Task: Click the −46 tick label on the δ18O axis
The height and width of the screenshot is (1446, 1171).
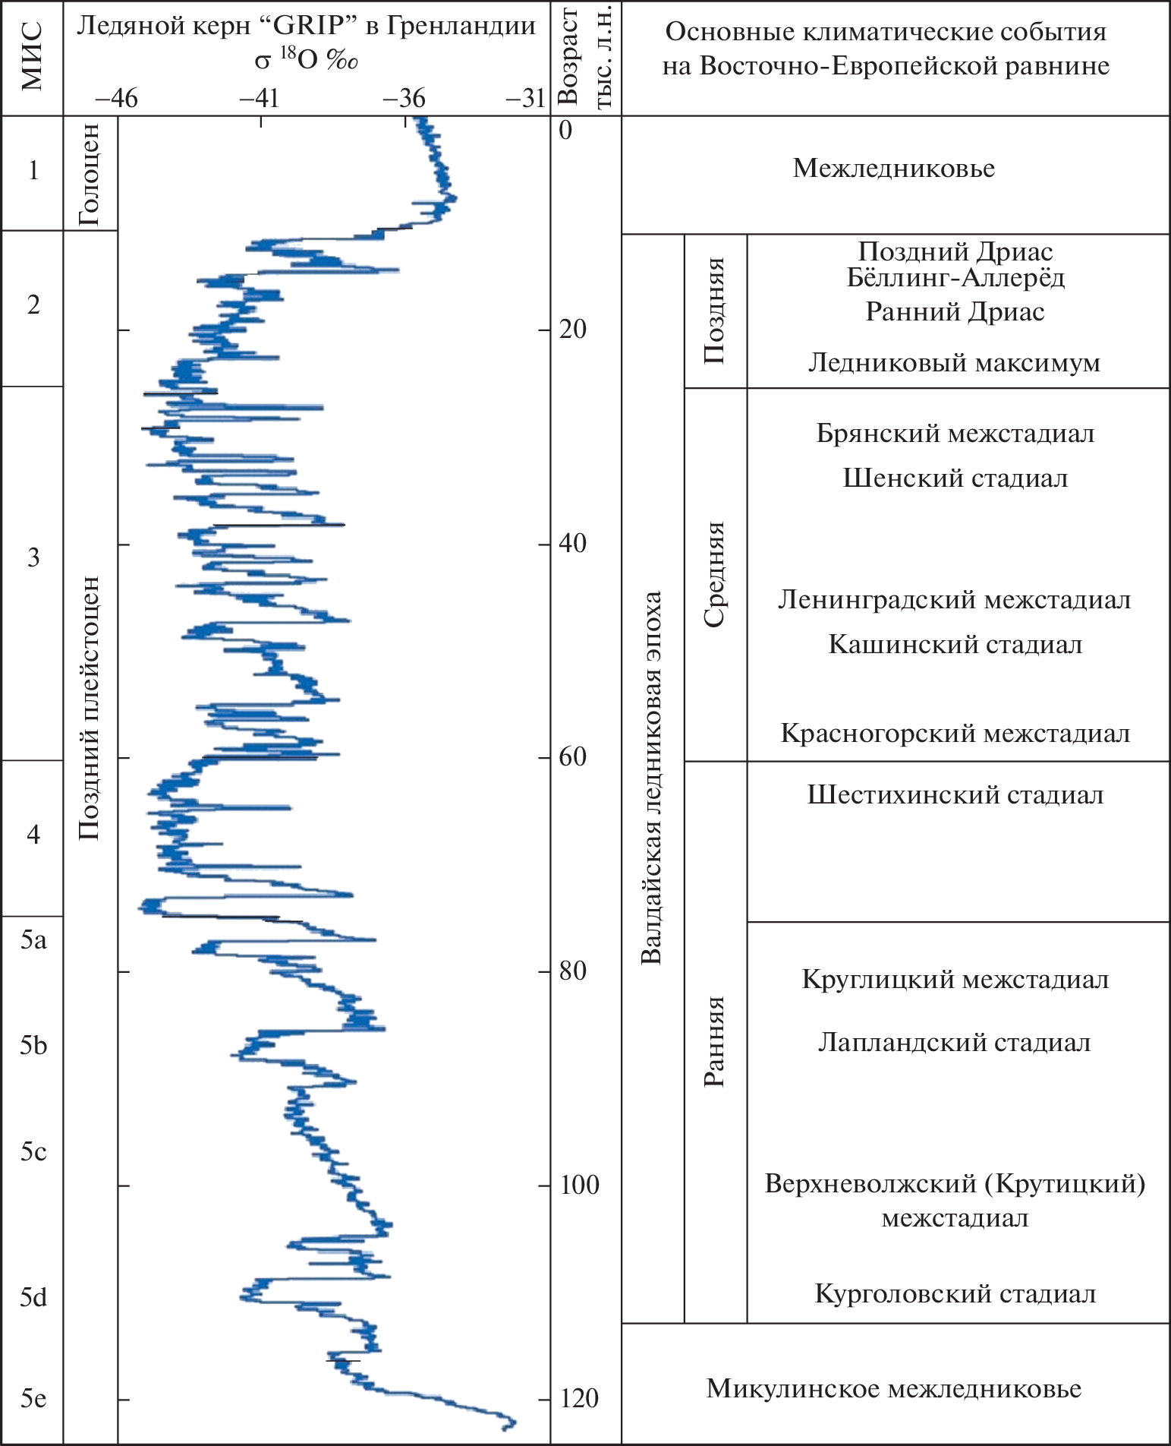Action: click(x=115, y=99)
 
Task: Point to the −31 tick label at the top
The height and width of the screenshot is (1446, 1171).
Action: click(x=524, y=99)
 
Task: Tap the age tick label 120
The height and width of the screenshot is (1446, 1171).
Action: click(x=579, y=1398)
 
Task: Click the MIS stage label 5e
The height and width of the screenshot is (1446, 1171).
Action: click(x=33, y=1398)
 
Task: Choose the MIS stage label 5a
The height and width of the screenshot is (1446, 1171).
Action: click(x=33, y=941)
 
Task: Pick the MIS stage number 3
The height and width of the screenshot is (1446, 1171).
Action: click(x=33, y=558)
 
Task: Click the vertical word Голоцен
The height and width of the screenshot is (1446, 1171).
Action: click(x=90, y=175)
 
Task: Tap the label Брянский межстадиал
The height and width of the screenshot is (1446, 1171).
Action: click(x=955, y=434)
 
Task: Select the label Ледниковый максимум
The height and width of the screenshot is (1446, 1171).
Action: click(x=954, y=363)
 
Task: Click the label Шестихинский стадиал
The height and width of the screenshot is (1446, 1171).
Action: click(x=955, y=795)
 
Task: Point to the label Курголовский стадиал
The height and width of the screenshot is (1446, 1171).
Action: click(x=955, y=1293)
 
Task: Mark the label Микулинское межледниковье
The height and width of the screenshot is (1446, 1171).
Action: click(x=894, y=1389)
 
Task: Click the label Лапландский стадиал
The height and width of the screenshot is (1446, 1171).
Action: click(x=954, y=1043)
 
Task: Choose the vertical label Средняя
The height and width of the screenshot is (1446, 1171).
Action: click(x=714, y=574)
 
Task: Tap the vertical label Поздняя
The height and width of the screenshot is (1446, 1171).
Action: click(x=714, y=311)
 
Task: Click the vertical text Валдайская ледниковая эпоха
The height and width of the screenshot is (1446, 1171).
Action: click(x=651, y=778)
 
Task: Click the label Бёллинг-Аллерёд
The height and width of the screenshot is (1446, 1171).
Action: click(x=955, y=278)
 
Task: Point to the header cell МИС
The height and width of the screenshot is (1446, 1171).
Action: click(x=32, y=57)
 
